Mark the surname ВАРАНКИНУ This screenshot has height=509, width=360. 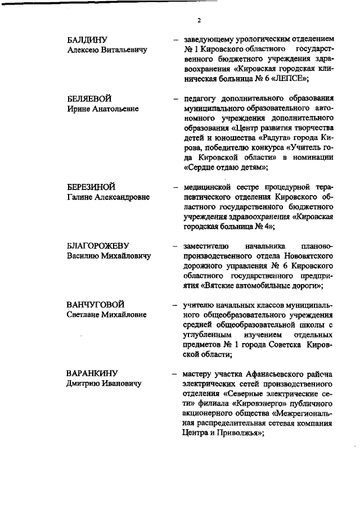(92, 373)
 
